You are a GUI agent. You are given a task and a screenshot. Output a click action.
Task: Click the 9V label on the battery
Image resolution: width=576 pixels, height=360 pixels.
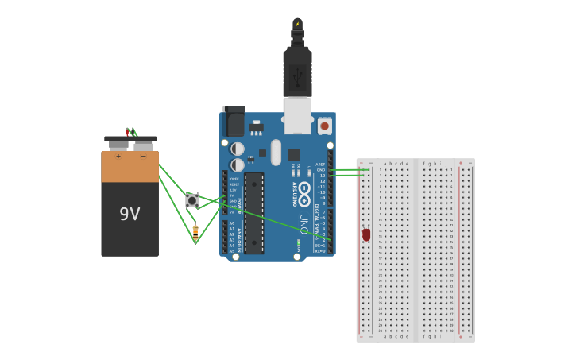130,214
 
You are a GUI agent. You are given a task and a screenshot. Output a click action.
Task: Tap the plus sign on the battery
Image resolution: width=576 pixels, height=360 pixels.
118,156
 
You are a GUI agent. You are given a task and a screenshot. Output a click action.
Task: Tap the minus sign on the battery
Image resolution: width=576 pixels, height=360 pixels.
143,156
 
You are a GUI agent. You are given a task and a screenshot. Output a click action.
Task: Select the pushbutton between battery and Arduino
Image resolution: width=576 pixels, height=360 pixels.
192,200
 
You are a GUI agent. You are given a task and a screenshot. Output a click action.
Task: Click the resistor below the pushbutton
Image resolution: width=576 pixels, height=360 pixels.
195,230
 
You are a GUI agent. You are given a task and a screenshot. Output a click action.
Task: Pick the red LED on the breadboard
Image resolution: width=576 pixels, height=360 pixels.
366,234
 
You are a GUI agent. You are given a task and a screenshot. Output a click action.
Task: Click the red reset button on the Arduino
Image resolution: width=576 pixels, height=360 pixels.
324,126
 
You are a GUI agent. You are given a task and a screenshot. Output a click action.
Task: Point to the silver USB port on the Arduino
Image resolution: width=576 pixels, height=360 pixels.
297,115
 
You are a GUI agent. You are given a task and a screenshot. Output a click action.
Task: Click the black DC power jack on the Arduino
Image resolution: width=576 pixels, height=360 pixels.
234,122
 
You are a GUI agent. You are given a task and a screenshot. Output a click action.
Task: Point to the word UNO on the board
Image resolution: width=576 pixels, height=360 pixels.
303,223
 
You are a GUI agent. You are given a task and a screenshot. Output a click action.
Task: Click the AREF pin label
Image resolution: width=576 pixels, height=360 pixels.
320,165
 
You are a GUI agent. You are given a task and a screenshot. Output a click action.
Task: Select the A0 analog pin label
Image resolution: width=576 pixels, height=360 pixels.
232,223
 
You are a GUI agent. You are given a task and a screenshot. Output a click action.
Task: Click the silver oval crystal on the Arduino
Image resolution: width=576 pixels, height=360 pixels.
276,152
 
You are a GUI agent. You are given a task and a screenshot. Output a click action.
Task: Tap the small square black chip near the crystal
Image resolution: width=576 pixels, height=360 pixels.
294,154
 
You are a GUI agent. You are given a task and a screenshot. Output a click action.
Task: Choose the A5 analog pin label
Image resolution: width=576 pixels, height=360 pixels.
232,251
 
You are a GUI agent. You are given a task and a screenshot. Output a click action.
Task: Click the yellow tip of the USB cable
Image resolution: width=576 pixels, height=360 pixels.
297,23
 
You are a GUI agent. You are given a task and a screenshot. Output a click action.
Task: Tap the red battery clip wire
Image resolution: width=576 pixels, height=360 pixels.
128,132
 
